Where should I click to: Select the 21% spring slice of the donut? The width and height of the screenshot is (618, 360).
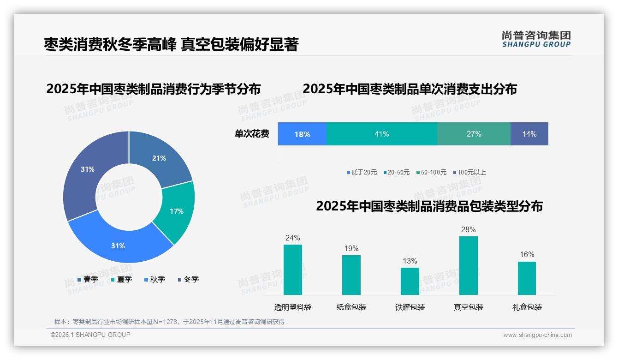click(x=159, y=158)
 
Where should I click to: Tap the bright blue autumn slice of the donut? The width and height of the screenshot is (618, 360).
click(x=119, y=245)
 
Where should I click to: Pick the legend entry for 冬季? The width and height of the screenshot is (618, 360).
click(x=188, y=279)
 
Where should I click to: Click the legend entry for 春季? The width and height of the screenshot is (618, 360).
click(x=88, y=279)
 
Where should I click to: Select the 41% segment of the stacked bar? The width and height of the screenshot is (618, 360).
click(x=381, y=134)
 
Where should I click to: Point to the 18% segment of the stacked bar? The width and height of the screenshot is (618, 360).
click(x=302, y=134)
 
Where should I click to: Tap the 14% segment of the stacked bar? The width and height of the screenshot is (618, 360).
click(x=529, y=134)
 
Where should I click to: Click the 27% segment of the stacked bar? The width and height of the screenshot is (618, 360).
click(x=474, y=134)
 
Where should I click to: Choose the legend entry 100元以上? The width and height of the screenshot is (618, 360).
click(x=469, y=172)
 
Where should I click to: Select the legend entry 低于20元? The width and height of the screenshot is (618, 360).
click(x=362, y=172)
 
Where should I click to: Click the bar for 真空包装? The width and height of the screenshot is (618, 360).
click(x=468, y=265)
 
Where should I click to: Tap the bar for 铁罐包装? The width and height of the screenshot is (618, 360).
click(x=410, y=281)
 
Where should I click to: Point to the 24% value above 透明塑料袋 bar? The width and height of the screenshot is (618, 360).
click(x=292, y=238)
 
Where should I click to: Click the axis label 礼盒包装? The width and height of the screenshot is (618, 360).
click(x=527, y=307)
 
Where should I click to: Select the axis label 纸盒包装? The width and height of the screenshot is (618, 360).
click(x=351, y=307)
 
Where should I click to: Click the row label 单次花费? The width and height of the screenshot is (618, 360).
click(x=252, y=134)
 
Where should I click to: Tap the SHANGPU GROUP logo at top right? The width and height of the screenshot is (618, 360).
click(x=536, y=39)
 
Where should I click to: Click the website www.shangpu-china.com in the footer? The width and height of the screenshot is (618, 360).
click(x=537, y=335)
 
